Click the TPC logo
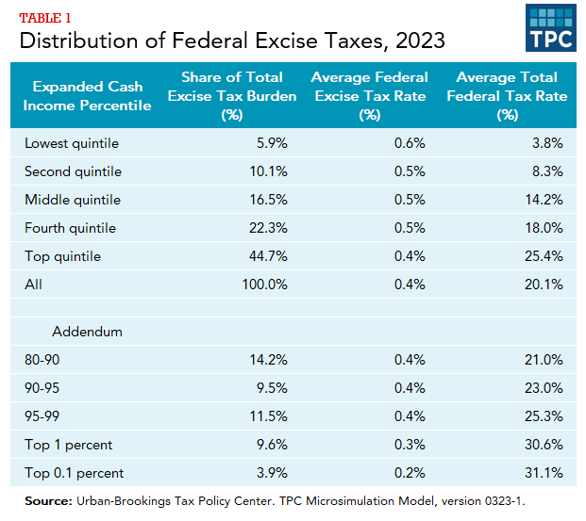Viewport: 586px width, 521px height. (x=551, y=28)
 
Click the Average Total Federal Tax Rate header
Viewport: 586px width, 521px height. (x=507, y=95)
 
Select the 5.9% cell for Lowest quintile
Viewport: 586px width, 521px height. (x=268, y=144)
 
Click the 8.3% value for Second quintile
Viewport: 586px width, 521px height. (x=546, y=172)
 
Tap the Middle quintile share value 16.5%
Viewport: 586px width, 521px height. (x=265, y=200)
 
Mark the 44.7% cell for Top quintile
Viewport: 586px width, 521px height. (x=265, y=256)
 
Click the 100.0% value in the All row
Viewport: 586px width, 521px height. (x=262, y=284)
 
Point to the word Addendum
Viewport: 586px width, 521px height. (x=88, y=333)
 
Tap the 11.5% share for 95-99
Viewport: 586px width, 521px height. (x=266, y=416)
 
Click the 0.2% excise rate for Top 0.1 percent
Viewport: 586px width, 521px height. (x=408, y=473)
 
